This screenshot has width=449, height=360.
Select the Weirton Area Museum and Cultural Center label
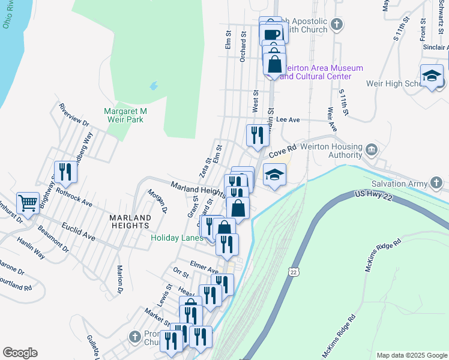(321, 72)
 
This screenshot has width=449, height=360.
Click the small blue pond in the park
(154, 86)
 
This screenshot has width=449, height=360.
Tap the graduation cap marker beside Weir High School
(432, 76)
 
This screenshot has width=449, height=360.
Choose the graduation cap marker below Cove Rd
(274, 175)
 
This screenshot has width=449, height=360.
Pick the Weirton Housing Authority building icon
(372, 148)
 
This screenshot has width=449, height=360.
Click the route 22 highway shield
(294, 272)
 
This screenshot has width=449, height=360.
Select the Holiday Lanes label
(176, 238)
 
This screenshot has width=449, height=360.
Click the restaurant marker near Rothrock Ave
(65, 172)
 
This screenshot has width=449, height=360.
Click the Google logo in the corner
(20, 353)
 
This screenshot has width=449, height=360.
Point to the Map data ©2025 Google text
(411, 355)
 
